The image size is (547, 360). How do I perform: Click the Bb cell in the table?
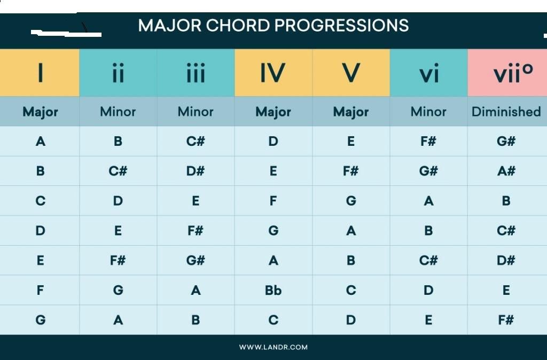coord(273,290)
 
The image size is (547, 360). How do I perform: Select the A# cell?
coord(506,171)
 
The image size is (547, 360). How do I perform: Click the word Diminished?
coord(506,112)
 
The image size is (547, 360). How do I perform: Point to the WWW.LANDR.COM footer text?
coord(273,347)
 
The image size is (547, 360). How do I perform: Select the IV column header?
coord(273,73)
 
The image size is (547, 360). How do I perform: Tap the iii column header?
coord(196,73)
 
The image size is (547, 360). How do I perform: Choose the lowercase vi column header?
coord(429,73)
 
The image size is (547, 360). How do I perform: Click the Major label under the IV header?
coord(273,112)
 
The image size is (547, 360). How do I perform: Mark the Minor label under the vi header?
coord(428,112)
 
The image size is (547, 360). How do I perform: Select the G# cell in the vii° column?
coord(506,142)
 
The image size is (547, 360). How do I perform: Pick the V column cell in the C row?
coord(351,201)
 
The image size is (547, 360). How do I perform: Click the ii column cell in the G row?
coord(118,320)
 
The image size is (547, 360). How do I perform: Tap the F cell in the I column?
coord(40,290)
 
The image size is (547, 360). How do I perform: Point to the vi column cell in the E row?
coord(429,261)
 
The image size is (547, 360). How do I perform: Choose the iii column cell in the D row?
coord(196,231)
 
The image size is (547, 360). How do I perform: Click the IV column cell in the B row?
coord(273,171)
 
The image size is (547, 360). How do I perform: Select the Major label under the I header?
coord(40,112)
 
